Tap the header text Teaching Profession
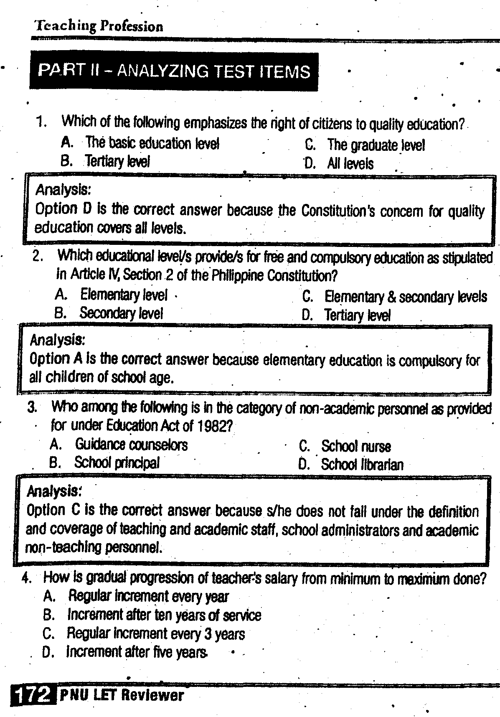point(99,26)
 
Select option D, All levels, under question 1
point(350,163)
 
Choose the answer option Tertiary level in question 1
point(117,161)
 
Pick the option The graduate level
point(376,145)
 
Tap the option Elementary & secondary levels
point(405,297)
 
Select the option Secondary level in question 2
point(121,313)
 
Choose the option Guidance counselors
point(131,444)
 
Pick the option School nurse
point(356,446)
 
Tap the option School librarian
point(362,465)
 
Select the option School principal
point(117,463)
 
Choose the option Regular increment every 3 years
point(155,634)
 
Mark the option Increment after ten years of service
point(164,615)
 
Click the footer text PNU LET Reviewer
point(122,696)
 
